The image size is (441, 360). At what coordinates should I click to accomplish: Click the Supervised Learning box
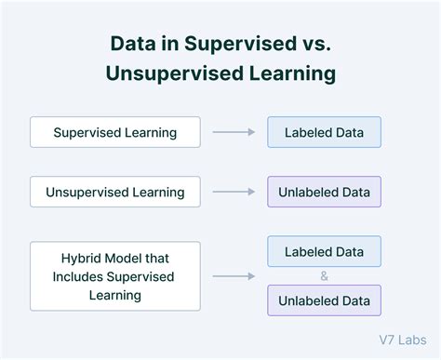[115, 132]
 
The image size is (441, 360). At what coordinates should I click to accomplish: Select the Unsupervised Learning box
[115, 193]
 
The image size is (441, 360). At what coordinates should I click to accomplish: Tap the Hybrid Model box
[115, 275]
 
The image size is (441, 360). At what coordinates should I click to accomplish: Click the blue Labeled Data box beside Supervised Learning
[324, 132]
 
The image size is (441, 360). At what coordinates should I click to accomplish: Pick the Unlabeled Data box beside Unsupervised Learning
[324, 193]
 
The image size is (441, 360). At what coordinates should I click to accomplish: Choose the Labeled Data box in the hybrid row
[324, 251]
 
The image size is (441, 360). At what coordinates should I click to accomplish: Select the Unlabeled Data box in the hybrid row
[324, 300]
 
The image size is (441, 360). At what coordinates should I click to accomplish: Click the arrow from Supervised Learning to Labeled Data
[234, 132]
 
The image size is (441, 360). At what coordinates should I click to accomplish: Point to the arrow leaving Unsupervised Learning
[234, 193]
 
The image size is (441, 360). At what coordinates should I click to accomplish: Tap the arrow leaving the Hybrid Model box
[234, 275]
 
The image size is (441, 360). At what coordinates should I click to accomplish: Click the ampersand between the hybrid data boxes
[324, 276]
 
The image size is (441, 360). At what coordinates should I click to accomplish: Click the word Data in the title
[133, 43]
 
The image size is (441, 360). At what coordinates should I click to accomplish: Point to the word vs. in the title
[314, 43]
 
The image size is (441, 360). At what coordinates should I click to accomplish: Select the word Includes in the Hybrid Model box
[81, 276]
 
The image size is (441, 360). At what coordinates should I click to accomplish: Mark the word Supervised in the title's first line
[234, 43]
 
